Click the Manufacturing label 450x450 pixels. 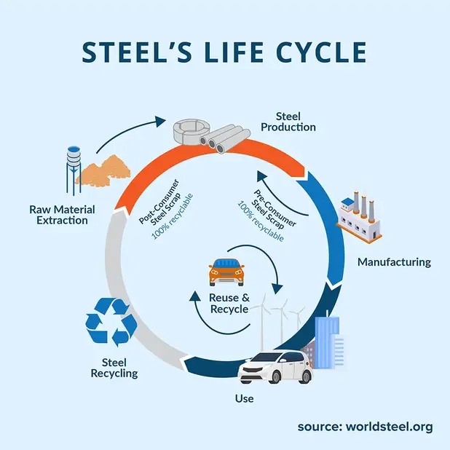pyautogui.click(x=395, y=261)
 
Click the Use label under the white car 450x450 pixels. pyautogui.click(x=245, y=398)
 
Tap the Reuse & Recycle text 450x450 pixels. pyautogui.click(x=229, y=304)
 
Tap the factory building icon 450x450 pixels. pyautogui.click(x=360, y=217)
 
